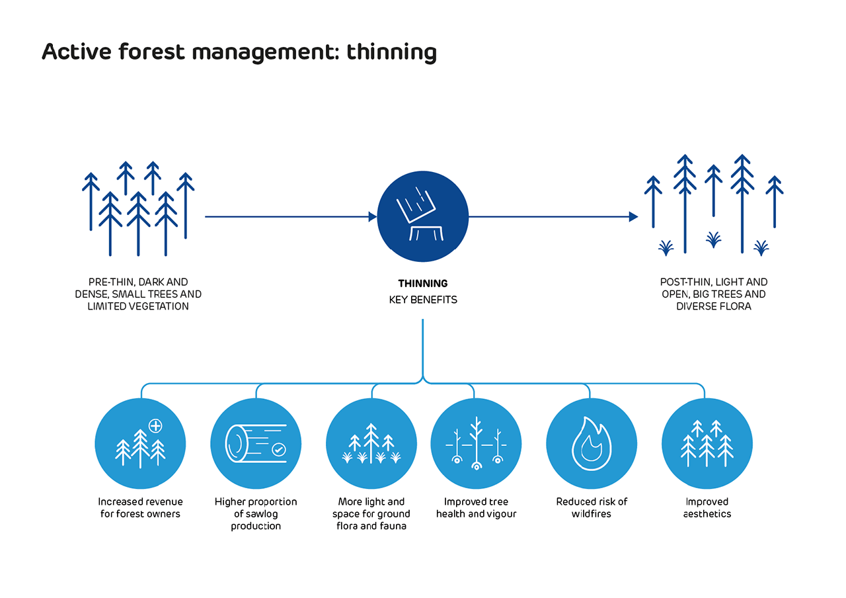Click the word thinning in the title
coord(391,52)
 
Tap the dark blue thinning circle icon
coord(422,216)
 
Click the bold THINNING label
coord(422,284)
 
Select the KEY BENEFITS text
coord(423,300)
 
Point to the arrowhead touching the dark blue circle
coord(372,216)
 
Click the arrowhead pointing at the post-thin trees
coord(633,216)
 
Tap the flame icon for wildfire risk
coord(591,443)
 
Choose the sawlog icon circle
coord(256,443)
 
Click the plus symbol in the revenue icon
coord(155,425)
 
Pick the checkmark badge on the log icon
coord(279,450)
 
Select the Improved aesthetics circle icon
coord(707,443)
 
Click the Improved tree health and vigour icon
coord(476,443)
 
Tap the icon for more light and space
coord(371,443)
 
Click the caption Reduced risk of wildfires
coord(592,507)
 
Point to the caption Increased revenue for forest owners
coord(140,507)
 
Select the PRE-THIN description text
coord(138,294)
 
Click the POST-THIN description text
coord(713,294)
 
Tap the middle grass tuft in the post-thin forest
coord(713,240)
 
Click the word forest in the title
coord(151,52)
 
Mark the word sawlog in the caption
coord(261,514)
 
